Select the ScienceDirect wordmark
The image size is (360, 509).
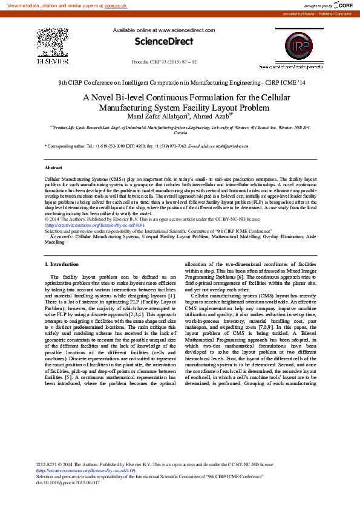163,42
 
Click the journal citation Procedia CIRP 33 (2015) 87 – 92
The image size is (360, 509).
163,62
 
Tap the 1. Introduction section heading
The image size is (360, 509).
62,264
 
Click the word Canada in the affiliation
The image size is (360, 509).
180,133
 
